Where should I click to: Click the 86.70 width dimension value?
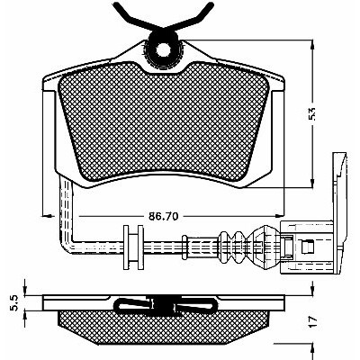click(164, 216)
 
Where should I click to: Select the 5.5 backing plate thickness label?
click(15, 302)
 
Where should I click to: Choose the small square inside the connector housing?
click(308, 247)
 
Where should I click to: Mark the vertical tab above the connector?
click(339, 187)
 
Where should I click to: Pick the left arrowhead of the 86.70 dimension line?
click(47, 216)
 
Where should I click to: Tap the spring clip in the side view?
click(165, 305)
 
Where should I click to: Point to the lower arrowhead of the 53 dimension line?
click(312, 181)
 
